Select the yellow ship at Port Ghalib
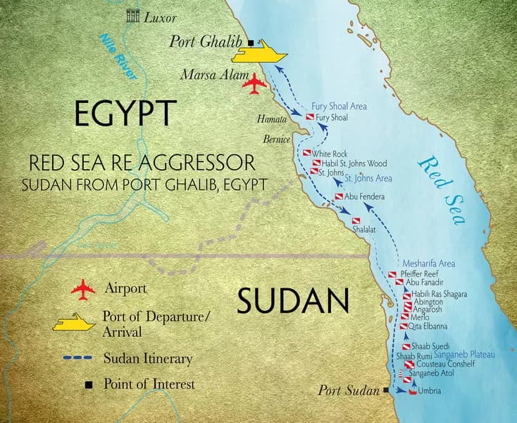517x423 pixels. point(262,51)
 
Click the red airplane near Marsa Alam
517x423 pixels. point(254,84)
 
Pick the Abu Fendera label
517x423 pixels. point(365,197)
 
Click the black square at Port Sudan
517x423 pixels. point(386,389)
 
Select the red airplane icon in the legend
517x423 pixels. point(83,289)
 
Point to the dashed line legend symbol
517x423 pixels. point(75,359)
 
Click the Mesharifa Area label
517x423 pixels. point(428,263)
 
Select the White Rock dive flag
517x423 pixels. point(307,153)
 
